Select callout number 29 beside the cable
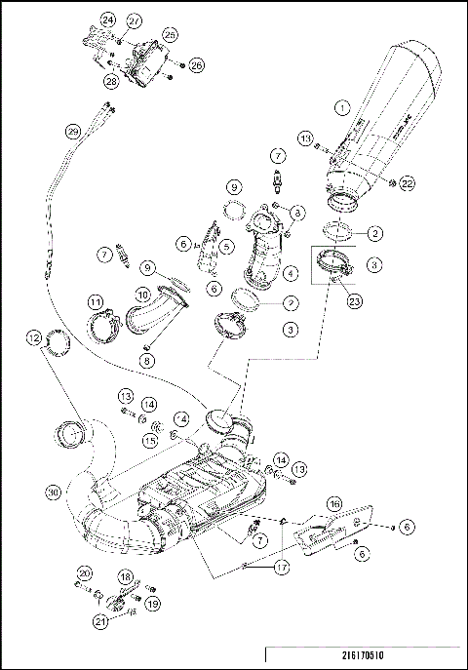71,131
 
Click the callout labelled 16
334,502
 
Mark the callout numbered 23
354,301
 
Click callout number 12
35,338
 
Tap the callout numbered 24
107,20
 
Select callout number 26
196,65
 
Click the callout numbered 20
84,572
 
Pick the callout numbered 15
150,441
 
